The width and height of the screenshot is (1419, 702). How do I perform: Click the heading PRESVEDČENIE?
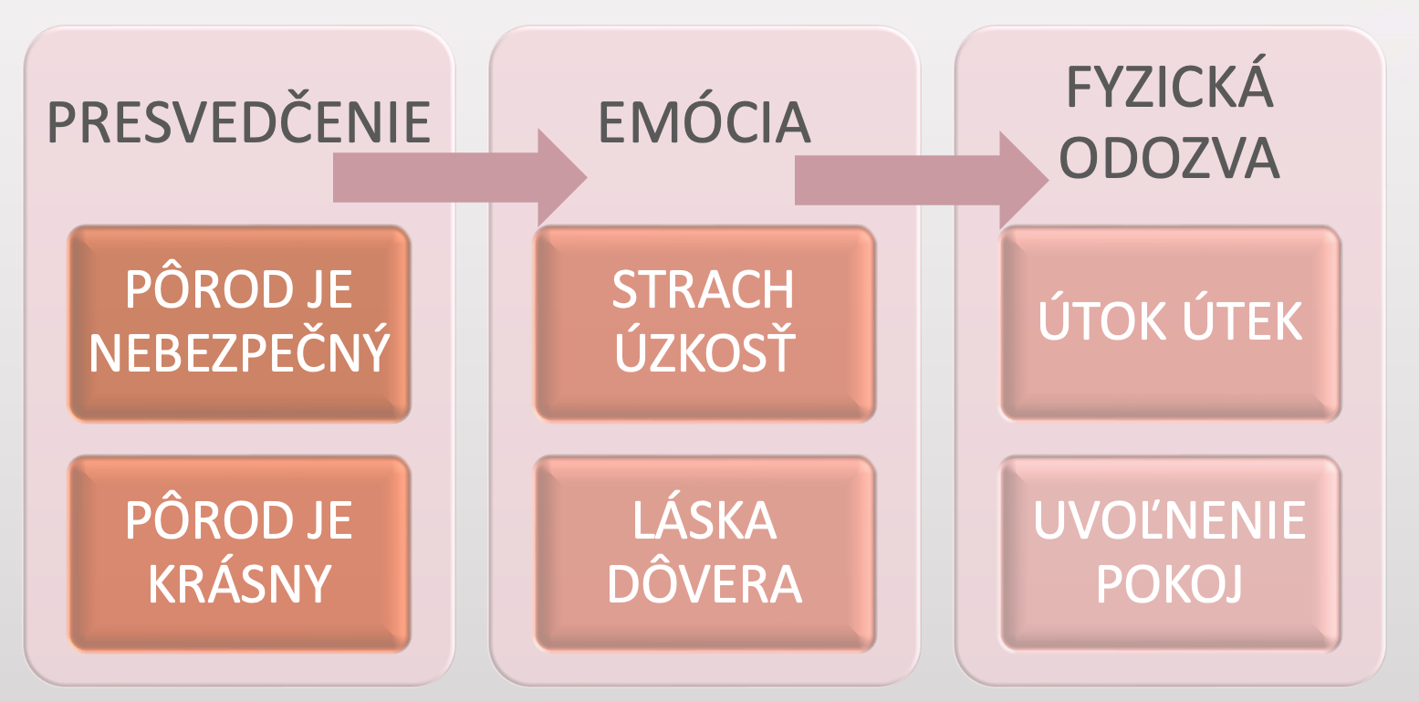click(238, 124)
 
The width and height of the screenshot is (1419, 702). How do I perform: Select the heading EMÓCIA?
click(704, 124)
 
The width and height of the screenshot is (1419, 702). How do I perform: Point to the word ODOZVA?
click(1171, 159)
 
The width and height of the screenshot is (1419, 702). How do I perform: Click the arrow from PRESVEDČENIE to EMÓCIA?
click(456, 177)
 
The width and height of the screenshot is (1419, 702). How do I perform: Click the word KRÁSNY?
click(239, 585)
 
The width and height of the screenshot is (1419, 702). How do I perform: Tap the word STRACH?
click(704, 290)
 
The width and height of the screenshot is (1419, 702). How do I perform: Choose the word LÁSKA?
click(704, 520)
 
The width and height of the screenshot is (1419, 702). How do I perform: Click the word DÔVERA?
click(704, 584)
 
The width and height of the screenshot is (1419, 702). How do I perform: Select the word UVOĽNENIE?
click(1171, 520)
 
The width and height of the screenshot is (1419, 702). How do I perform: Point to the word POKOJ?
click(1171, 585)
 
